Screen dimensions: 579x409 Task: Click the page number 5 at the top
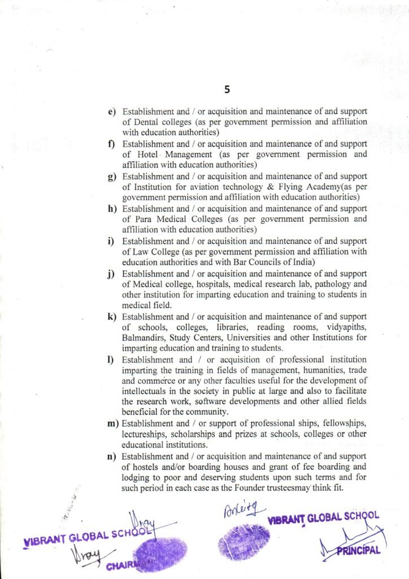[x=227, y=89]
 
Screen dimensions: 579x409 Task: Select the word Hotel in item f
[x=149, y=154]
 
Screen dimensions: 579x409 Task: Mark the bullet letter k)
[x=112, y=317]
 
